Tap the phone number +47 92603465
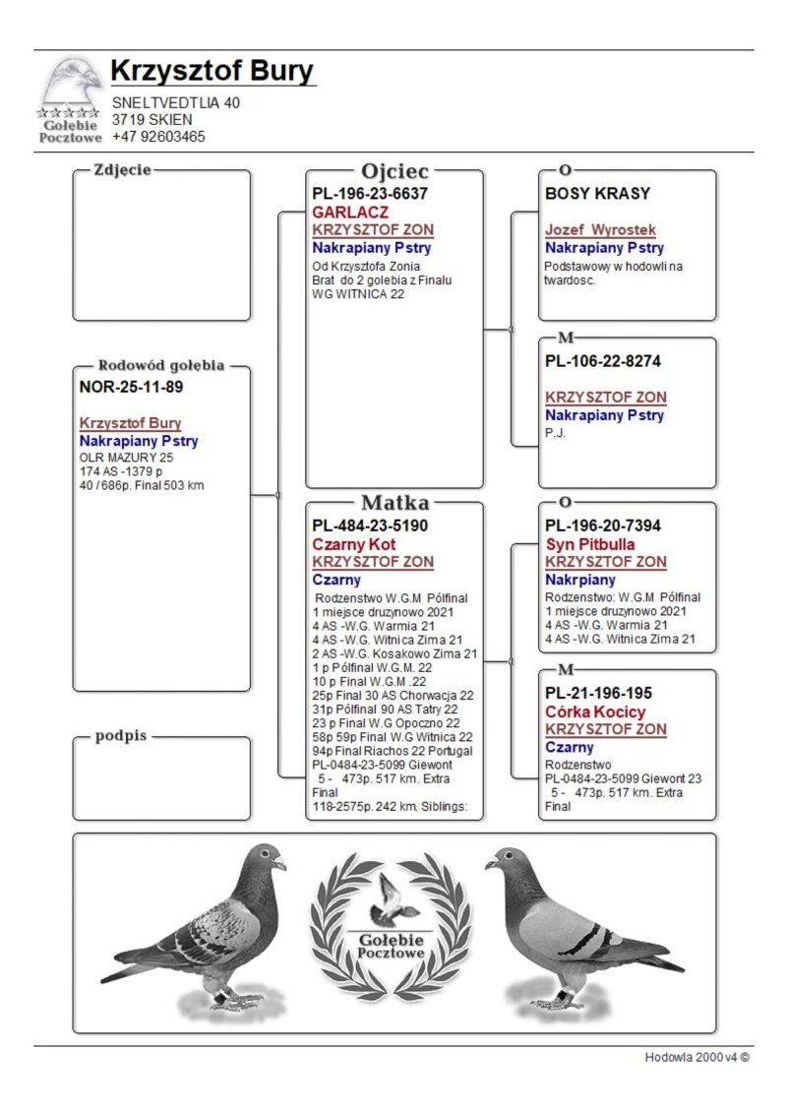[x=158, y=137]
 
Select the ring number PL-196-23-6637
[x=370, y=194]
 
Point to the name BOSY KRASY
[x=597, y=194]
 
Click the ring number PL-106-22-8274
[x=603, y=361]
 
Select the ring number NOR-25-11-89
[x=131, y=387]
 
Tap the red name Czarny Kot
[x=354, y=544]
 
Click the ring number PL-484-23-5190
[x=370, y=526]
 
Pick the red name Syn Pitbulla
[x=590, y=544]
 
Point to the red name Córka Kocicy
[x=595, y=711]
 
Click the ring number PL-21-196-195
[x=598, y=693]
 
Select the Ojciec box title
[x=394, y=171]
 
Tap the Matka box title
[x=394, y=503]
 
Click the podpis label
[x=120, y=737]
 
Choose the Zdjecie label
[x=122, y=169]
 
